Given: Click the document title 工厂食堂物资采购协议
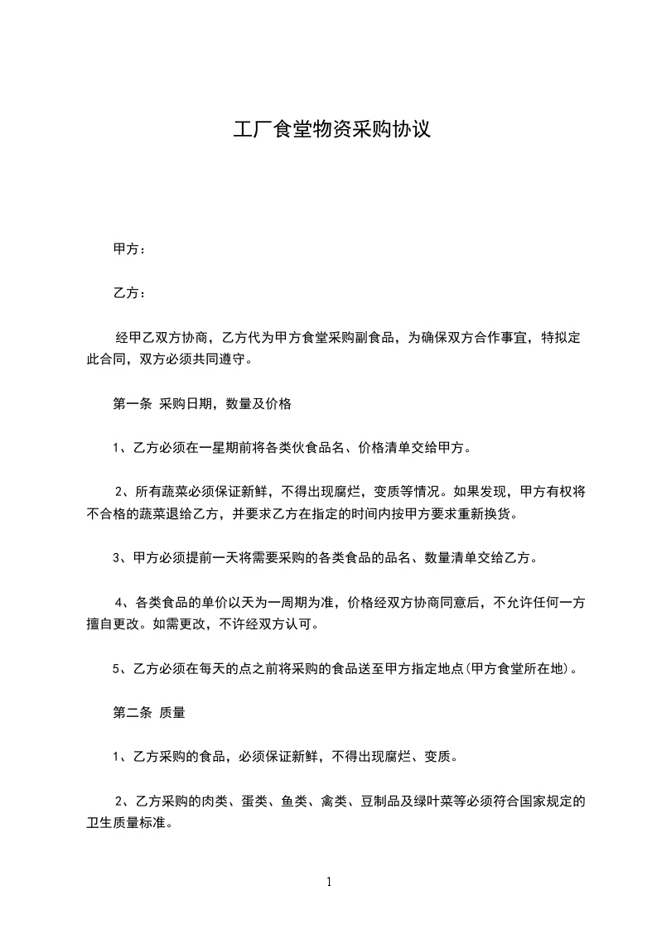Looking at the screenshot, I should tap(331, 130).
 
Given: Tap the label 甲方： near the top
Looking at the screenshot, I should tap(128, 249).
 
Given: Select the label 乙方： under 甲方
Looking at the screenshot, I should tap(128, 293).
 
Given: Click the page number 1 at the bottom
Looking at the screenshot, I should tap(329, 882).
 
